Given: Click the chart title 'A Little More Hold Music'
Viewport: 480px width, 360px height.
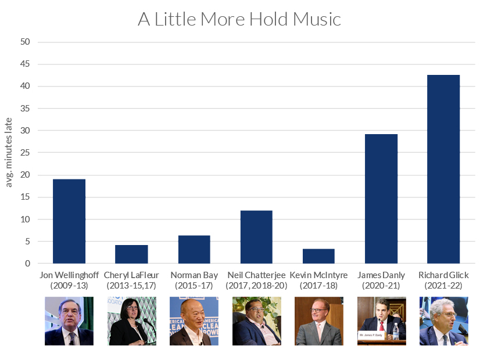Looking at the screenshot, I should (239, 19).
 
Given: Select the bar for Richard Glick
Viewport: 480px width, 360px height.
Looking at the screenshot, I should (443, 169).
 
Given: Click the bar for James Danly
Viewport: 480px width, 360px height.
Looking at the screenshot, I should (381, 199).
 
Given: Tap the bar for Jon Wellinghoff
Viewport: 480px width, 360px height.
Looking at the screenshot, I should (69, 221).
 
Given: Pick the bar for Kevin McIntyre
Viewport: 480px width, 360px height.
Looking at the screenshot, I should (318, 256).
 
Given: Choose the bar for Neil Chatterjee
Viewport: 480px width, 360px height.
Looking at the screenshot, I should (256, 237).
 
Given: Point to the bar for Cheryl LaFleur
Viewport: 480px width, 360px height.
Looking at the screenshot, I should (131, 254).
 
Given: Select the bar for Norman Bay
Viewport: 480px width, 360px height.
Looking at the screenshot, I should (194, 250).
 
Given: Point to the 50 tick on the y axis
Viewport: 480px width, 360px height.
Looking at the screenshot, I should (26, 42).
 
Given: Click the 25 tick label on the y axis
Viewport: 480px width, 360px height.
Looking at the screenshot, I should (26, 153).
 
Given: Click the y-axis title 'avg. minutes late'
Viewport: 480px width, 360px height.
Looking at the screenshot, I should (9, 152).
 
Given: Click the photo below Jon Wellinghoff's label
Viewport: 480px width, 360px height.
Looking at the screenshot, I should (69, 321).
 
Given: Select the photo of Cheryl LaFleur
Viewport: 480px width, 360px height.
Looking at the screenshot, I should (131, 321).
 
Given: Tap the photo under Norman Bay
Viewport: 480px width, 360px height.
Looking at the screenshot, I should (194, 321).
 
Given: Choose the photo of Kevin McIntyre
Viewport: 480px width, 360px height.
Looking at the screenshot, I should (318, 321).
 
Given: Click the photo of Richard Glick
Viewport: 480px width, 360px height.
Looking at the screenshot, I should (443, 321).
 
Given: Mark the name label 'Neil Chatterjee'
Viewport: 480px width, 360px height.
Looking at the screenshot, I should (256, 275).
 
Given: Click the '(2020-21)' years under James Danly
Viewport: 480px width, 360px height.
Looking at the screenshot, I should (381, 285).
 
